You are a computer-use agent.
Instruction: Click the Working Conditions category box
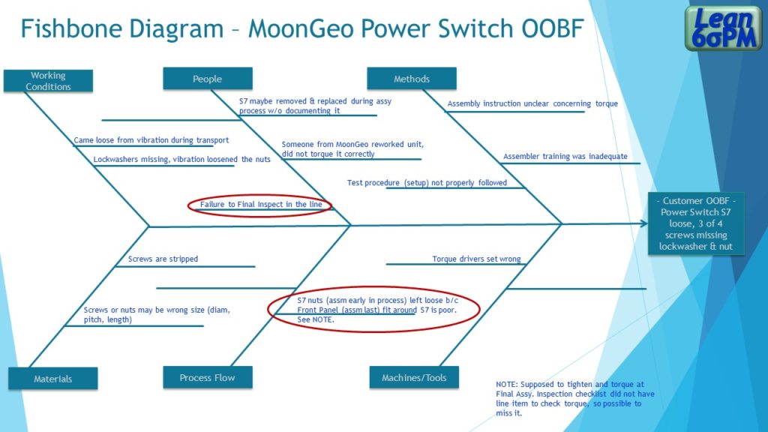(x=48, y=81)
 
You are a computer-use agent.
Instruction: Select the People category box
(x=208, y=79)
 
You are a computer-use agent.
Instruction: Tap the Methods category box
(x=412, y=79)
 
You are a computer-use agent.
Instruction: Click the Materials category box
(x=53, y=379)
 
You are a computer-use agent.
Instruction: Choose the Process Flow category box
(x=208, y=377)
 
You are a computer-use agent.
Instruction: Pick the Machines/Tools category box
(x=414, y=377)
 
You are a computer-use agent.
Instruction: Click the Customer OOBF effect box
(x=696, y=223)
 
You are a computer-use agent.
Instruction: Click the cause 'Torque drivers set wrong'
(x=476, y=259)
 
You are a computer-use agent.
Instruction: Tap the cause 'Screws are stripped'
(x=163, y=259)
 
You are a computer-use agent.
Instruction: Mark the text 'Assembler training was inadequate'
(x=565, y=157)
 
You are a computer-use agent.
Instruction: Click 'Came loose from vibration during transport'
(x=151, y=140)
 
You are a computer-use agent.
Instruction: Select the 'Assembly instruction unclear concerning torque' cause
(x=532, y=103)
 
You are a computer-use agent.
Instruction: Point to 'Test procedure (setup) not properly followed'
(x=427, y=183)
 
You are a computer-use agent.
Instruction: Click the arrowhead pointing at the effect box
(x=643, y=223)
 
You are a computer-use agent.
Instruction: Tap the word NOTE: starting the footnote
(x=508, y=384)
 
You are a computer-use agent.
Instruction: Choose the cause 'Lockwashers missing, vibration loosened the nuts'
(x=182, y=159)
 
